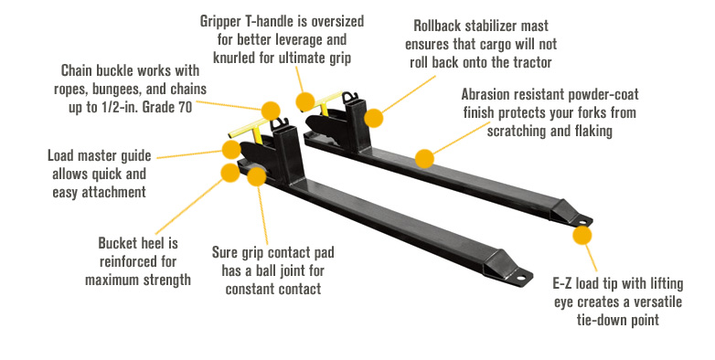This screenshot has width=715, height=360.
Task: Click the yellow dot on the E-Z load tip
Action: pos(582,235)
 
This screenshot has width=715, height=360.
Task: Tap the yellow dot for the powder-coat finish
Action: pos(423,158)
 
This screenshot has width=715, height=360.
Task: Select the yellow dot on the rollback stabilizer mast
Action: pos(373,117)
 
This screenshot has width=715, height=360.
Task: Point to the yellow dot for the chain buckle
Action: pos(270,111)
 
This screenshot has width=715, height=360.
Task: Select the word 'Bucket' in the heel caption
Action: pos(119,244)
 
